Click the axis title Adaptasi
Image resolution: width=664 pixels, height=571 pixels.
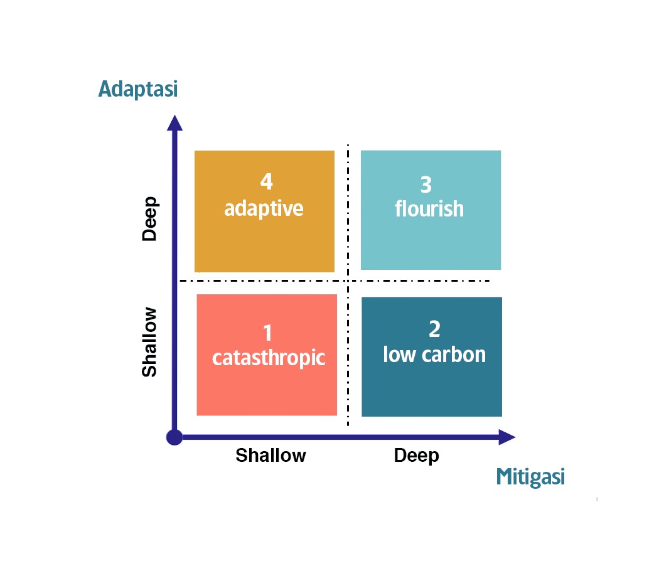click(x=138, y=89)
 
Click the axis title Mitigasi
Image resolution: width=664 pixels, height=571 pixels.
click(x=530, y=477)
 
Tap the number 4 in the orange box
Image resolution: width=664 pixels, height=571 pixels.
click(x=266, y=181)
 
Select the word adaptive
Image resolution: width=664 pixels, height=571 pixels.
click(x=264, y=209)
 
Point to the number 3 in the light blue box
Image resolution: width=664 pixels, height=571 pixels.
click(x=426, y=185)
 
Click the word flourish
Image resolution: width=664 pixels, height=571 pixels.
click(x=429, y=208)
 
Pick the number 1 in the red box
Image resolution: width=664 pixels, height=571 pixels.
click(x=267, y=333)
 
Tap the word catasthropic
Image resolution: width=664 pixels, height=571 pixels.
click(x=269, y=358)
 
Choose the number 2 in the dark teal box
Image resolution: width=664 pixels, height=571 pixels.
click(x=434, y=329)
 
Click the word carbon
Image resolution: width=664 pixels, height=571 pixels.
click(x=454, y=355)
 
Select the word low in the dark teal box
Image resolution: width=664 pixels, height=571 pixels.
click(x=400, y=355)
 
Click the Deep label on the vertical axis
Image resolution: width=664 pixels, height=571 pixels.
click(x=149, y=219)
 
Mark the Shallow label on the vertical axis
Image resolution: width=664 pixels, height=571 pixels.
click(x=149, y=342)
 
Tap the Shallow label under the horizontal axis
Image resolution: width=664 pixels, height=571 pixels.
click(x=270, y=456)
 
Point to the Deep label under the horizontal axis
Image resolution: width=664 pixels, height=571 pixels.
click(x=416, y=456)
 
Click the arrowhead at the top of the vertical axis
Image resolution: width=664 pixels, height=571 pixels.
click(x=174, y=123)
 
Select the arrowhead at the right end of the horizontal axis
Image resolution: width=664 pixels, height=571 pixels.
click(x=507, y=437)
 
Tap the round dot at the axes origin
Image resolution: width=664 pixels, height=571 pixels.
click(x=174, y=437)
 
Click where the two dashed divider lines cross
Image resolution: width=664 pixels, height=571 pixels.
click(x=348, y=280)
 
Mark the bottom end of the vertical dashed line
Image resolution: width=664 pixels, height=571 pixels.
click(x=348, y=425)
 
